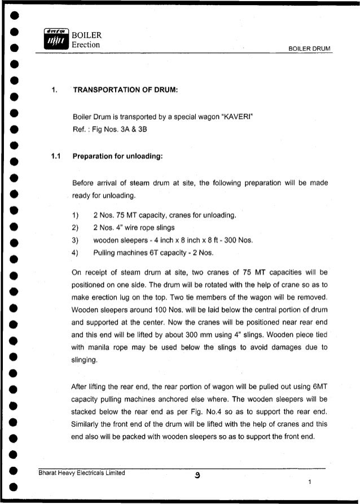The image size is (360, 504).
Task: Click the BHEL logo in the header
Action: (x=55, y=39)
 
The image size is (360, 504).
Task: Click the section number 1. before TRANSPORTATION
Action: (x=54, y=90)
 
